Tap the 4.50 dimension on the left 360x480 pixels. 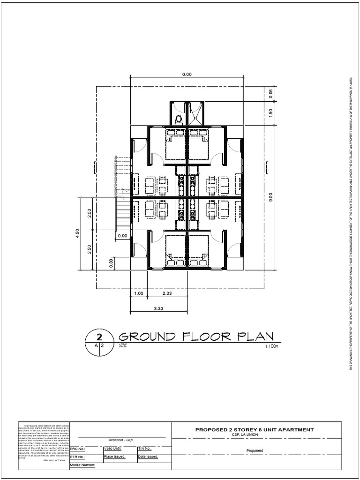click(x=78, y=234)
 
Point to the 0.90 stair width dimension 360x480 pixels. click(x=123, y=236)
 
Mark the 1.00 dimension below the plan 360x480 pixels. click(x=139, y=293)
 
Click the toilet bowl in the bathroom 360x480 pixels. click(x=178, y=119)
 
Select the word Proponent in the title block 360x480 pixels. click(x=255, y=451)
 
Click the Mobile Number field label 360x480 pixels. click(x=82, y=465)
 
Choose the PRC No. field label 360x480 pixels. click(x=77, y=449)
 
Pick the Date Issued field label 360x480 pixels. click(x=148, y=456)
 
